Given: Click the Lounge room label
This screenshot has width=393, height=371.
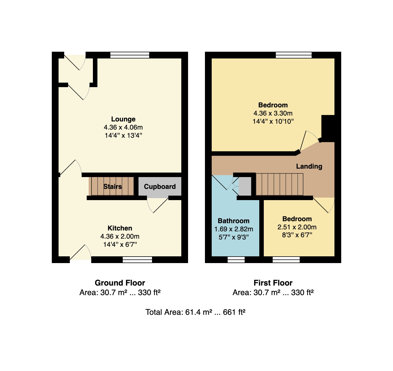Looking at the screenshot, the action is tap(123, 119).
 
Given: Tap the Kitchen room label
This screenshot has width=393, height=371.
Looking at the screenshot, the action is tap(120, 228).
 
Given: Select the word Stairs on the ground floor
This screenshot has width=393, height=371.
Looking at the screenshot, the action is tap(113, 187).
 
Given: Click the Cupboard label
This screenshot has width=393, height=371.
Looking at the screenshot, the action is tap(160, 187).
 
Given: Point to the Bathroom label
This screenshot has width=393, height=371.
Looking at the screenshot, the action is tap(233, 221).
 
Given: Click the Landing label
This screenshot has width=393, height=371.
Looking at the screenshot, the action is tap(309, 166).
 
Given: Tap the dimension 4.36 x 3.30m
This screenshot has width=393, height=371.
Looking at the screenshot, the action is tap(273, 113).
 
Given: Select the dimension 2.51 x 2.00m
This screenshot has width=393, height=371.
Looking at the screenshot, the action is tap(297, 227).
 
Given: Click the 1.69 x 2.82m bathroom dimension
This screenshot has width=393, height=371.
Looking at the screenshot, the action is tap(233, 229).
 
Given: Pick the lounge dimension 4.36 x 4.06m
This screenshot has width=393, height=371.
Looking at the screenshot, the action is tap(123, 127).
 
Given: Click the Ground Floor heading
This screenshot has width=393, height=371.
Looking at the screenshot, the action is tap(120, 283).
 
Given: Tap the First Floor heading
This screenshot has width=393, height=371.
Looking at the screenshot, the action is tap(273, 283).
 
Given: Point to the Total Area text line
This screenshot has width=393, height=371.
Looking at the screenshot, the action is tap(195, 312).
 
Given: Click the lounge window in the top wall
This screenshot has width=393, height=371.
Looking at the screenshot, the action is tap(130, 55).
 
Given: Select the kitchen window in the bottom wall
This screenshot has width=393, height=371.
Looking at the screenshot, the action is tap(137, 260).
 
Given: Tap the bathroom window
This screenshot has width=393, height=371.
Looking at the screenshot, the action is tap(236, 260).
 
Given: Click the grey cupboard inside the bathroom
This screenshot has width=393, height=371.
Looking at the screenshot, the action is tap(245, 186).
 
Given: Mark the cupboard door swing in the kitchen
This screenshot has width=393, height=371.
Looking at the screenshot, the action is tap(158, 205).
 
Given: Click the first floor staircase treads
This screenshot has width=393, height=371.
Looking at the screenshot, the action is tap(280, 184).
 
